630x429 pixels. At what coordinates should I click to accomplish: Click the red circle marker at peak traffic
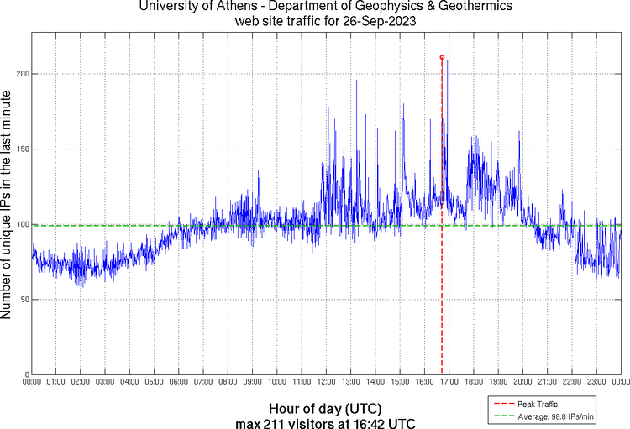(x=442, y=57)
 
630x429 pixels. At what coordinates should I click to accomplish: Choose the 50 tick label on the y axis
(x=23, y=300)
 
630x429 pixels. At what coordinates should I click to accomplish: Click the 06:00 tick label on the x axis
(x=179, y=382)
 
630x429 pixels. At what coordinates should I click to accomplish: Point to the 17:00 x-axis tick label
(x=449, y=382)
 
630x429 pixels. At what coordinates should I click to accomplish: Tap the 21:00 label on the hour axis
(x=547, y=382)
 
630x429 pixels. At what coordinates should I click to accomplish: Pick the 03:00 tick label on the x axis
(x=105, y=382)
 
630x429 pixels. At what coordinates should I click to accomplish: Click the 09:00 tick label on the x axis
(x=252, y=382)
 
